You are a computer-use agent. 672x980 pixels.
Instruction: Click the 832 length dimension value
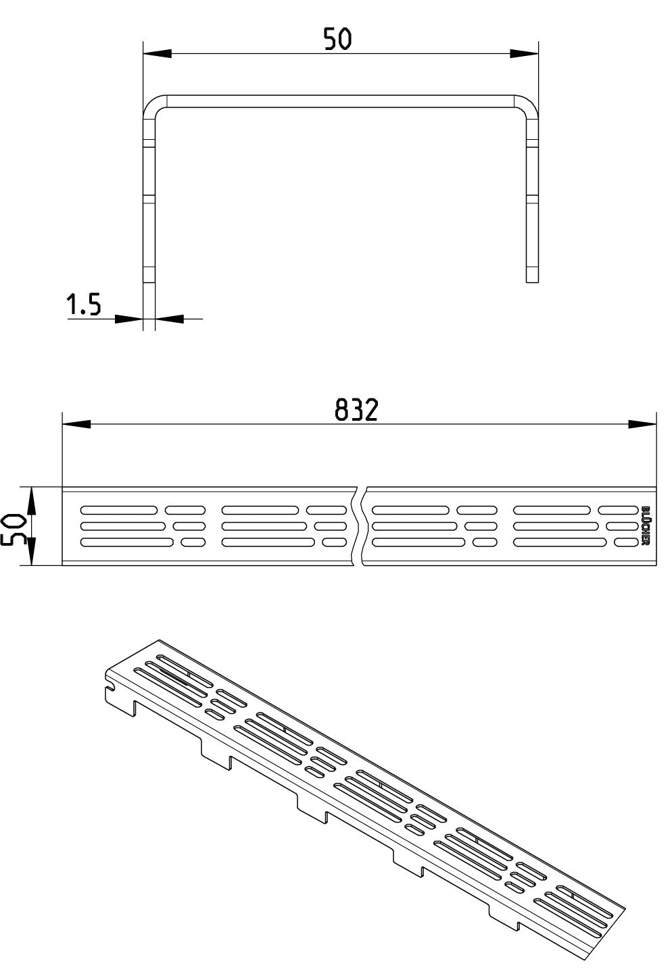pos(356,410)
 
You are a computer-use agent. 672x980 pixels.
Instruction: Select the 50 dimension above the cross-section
pos(337,38)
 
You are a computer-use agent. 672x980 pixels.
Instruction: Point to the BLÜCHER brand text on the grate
pos(645,526)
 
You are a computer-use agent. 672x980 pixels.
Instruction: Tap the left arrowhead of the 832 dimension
pos(76,424)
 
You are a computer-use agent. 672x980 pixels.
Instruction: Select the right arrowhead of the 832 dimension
pos(642,424)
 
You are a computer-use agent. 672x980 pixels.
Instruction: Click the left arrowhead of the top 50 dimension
pos(157,54)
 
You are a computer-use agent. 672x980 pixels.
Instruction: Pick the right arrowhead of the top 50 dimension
pos(524,54)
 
